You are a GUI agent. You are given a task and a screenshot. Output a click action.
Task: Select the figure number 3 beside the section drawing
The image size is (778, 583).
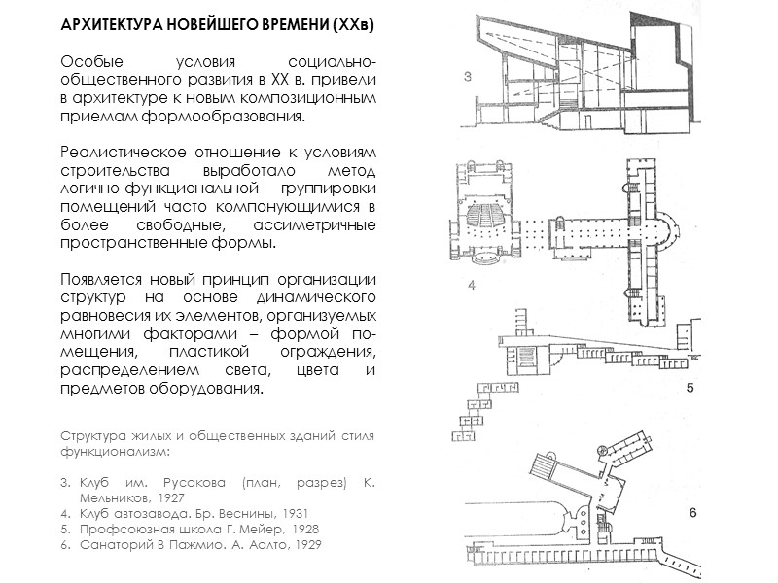pyautogui.click(x=469, y=81)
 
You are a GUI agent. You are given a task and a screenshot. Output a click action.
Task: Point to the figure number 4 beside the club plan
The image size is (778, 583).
pyautogui.click(x=471, y=285)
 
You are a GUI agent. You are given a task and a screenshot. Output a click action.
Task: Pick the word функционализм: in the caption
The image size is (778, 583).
pyautogui.click(x=116, y=452)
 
